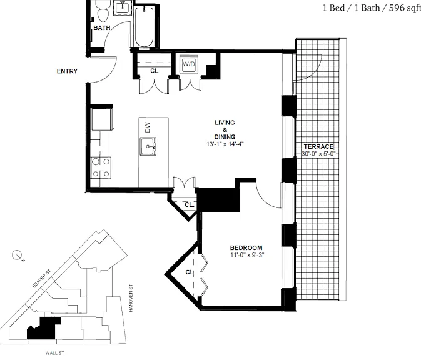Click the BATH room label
[102, 27]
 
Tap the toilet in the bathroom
[103, 11]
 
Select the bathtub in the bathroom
[144, 27]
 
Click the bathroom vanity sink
[123, 7]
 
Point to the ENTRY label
[67, 71]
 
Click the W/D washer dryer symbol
[189, 64]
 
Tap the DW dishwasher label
[148, 127]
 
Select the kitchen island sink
[148, 146]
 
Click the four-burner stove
[101, 168]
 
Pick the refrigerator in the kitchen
[101, 119]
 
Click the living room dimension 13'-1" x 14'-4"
[225, 144]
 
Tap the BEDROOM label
[246, 247]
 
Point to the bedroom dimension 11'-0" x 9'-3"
[247, 255]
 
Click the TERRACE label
[318, 146]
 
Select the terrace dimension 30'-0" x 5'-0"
[318, 154]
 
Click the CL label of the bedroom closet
[190, 272]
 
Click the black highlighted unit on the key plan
[43, 329]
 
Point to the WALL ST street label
[55, 353]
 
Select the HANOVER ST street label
[131, 298]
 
